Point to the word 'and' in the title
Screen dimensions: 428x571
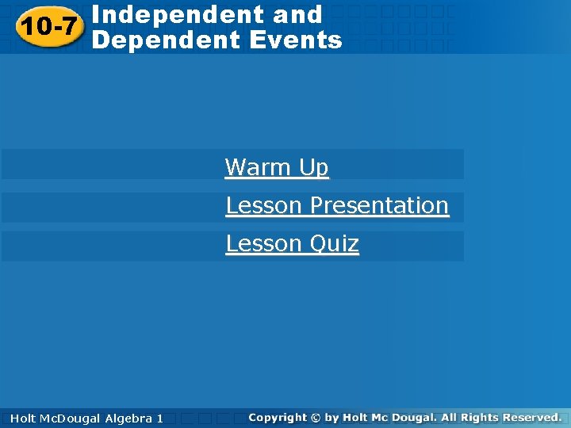[301, 14]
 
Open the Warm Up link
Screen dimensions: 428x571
[277, 167]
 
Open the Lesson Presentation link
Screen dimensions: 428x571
[337, 205]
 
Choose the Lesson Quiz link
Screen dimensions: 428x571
[293, 243]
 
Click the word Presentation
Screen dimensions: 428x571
[379, 205]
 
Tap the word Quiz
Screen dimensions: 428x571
[334, 243]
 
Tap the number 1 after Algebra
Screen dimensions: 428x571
[159, 418]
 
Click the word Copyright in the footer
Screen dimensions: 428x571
[277, 417]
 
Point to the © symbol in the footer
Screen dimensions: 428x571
[316, 417]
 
